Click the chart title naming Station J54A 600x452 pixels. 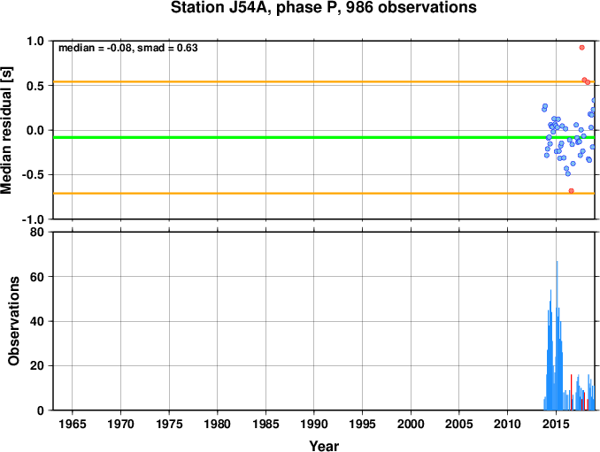(x=323, y=7)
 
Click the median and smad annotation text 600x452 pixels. (x=127, y=48)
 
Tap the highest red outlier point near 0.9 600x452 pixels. (x=582, y=48)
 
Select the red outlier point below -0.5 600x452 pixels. (x=572, y=191)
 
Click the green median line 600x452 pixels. (x=324, y=137)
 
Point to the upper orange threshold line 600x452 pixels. (x=324, y=82)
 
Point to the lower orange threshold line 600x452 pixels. (x=324, y=194)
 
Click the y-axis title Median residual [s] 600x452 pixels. (x=6, y=130)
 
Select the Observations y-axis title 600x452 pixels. (x=14, y=321)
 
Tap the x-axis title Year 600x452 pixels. (x=324, y=446)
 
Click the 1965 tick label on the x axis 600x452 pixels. (x=73, y=424)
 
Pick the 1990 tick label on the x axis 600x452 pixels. (x=314, y=424)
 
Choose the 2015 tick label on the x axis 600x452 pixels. (x=556, y=424)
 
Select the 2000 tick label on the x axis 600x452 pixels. (x=411, y=424)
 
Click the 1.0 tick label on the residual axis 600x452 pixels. (x=35, y=41)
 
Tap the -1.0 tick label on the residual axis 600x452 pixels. (x=33, y=219)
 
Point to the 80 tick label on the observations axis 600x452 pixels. (x=37, y=232)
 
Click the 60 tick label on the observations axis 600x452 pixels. (x=37, y=277)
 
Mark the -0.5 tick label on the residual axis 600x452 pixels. (x=33, y=175)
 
